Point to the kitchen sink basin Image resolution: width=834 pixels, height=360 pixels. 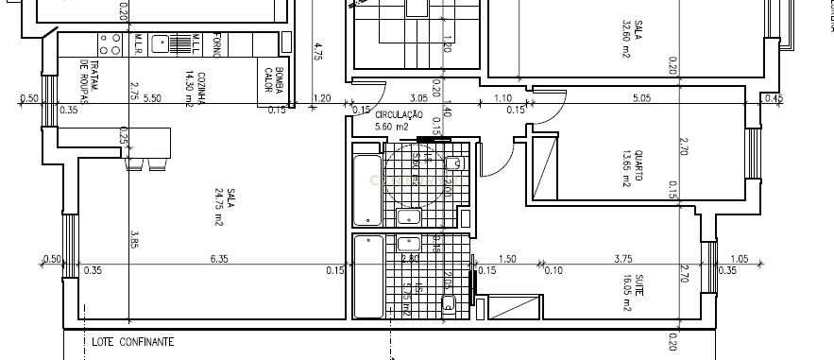pos(162,43)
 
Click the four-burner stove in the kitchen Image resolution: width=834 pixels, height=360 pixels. pos(108,43)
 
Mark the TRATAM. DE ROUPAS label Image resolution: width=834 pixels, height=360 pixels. pos(90,78)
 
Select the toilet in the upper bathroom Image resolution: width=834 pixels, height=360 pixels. pos(454,163)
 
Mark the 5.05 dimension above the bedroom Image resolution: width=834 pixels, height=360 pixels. pos(641,98)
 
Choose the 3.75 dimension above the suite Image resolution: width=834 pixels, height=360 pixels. pos(622,259)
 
